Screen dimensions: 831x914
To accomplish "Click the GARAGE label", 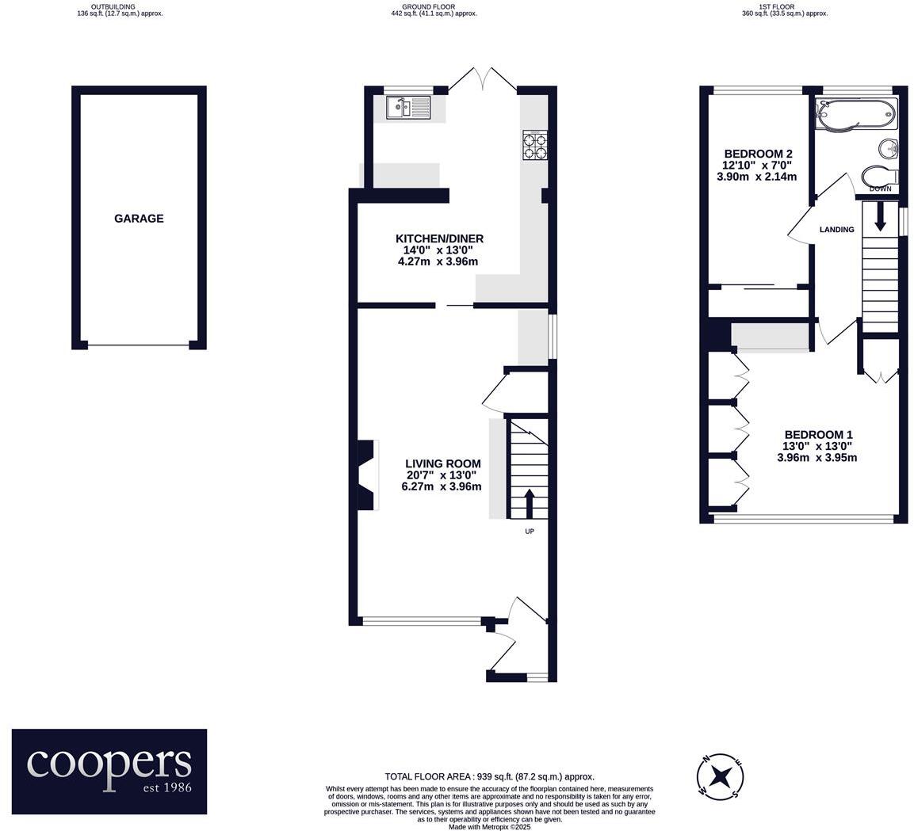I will (x=139, y=219).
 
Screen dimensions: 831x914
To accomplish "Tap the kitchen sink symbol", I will (x=407, y=108).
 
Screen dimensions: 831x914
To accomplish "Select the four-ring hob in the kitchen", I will (x=533, y=146).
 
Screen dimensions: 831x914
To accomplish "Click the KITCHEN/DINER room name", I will (x=439, y=238).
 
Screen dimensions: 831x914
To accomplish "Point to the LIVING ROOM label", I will (x=442, y=463).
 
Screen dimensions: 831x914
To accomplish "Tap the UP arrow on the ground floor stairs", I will (x=529, y=502).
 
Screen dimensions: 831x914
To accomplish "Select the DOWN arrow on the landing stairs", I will (x=880, y=215).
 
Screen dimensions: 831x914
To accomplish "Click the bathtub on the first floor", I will (x=856, y=115).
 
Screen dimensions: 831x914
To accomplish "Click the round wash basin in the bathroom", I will (x=888, y=148).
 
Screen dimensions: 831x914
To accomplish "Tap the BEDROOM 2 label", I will (x=758, y=154).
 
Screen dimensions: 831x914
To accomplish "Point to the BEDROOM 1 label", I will (x=818, y=434).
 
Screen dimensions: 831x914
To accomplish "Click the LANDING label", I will (x=836, y=230).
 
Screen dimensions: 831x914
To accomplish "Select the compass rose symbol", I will (x=720, y=776).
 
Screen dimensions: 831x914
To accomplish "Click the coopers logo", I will (x=109, y=771).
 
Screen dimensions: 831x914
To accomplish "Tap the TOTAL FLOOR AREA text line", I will (x=489, y=777).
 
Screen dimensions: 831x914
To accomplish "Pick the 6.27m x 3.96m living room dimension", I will (x=441, y=487).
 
